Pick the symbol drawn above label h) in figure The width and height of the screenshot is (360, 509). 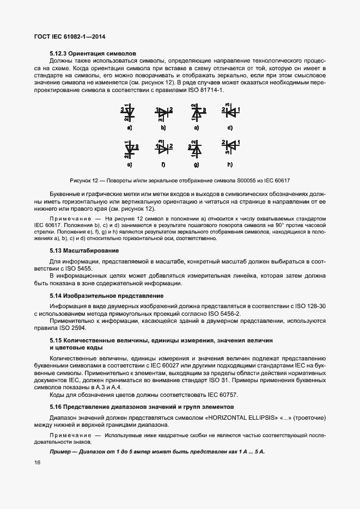[230, 147]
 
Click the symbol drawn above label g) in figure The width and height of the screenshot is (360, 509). [197, 148]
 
